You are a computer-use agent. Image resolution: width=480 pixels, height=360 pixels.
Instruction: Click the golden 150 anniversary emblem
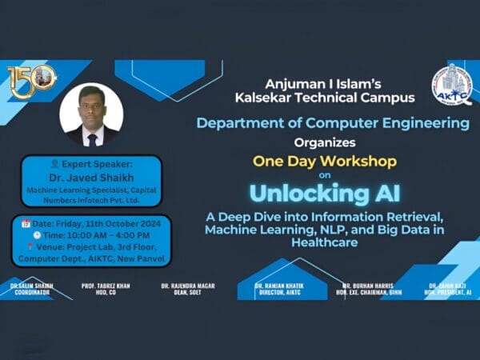pos(30,80)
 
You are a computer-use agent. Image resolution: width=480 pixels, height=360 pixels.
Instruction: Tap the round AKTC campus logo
pos(452,85)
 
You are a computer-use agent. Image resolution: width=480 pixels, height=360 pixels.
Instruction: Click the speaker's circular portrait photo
pos(91,115)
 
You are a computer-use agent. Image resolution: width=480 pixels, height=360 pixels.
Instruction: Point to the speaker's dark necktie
pos(91,139)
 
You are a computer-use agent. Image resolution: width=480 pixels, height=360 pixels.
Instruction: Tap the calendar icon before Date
pos(26,222)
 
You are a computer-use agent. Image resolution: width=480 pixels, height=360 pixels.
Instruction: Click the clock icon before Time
pos(36,235)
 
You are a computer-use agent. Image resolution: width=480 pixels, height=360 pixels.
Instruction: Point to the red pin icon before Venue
pos(30,247)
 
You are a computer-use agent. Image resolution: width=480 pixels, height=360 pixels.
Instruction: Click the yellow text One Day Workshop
pos(324,161)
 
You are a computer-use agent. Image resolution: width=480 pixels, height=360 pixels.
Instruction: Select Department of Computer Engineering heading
pos(332,123)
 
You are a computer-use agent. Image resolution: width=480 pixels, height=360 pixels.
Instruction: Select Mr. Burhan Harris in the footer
pos(366,286)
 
